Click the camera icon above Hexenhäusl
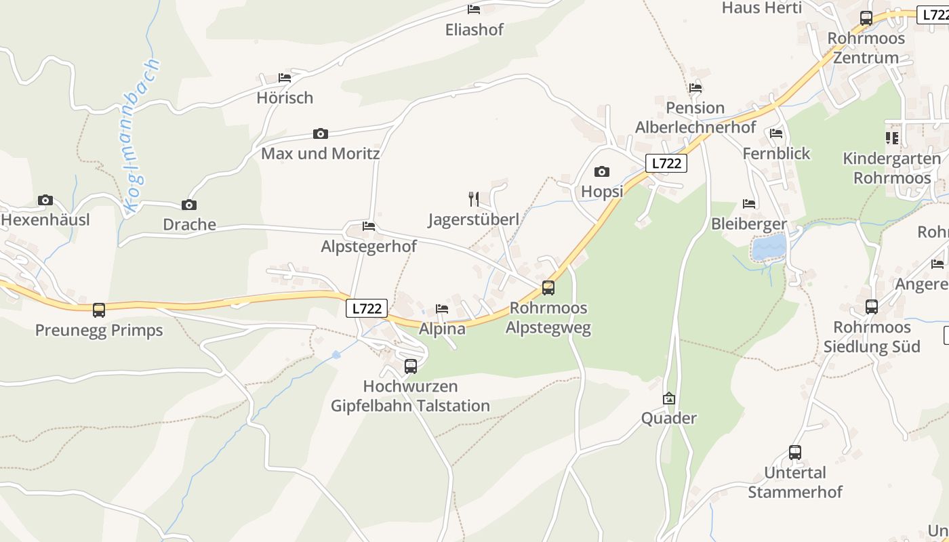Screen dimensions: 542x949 click(x=45, y=200)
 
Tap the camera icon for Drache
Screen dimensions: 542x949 click(x=189, y=205)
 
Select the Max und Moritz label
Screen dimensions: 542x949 click(x=320, y=154)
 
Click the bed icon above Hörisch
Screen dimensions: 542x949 click(x=285, y=78)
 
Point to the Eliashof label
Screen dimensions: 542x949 click(x=474, y=30)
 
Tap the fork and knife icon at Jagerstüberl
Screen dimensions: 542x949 click(x=474, y=199)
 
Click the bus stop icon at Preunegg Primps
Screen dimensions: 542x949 click(x=99, y=310)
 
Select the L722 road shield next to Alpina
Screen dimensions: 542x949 click(x=367, y=308)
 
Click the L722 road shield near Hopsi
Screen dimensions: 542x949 click(x=666, y=163)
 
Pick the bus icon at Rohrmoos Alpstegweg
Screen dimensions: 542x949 click(x=548, y=288)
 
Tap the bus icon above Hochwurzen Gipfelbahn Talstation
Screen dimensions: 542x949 click(x=411, y=367)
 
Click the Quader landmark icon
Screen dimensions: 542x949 click(x=669, y=398)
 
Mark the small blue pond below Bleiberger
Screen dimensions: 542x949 click(x=769, y=247)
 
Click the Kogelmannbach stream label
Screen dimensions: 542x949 click(x=142, y=135)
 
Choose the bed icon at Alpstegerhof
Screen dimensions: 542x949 click(x=369, y=226)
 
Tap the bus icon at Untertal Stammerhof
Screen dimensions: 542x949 click(x=795, y=452)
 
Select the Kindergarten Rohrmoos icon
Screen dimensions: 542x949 click(x=892, y=138)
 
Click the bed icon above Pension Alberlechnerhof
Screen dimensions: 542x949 click(x=695, y=87)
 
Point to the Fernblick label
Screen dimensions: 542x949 click(x=776, y=154)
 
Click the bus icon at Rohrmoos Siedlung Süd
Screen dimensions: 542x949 click(x=872, y=307)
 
